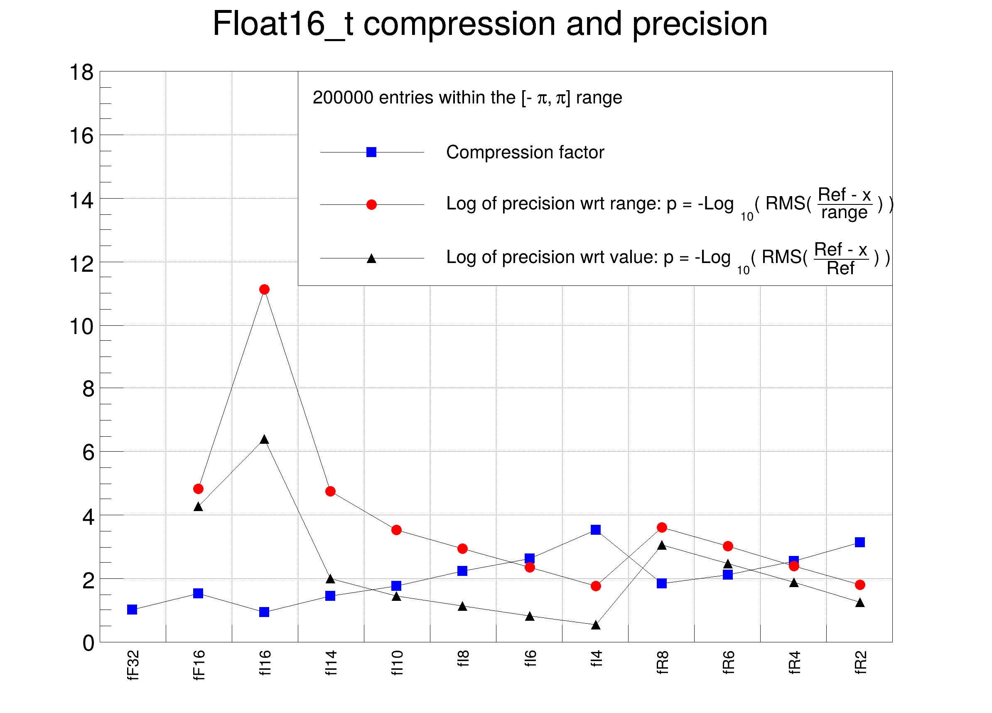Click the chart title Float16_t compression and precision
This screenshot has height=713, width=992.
(490, 24)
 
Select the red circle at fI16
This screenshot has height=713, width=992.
(264, 289)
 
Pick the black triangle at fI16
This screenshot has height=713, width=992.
(264, 440)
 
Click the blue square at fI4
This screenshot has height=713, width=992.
(595, 530)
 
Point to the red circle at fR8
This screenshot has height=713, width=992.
(661, 528)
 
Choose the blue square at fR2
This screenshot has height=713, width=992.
(859, 542)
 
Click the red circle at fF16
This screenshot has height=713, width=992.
(198, 489)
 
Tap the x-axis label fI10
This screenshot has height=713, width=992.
(397, 663)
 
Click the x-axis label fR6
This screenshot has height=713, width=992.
(728, 662)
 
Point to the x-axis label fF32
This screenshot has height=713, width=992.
(133, 665)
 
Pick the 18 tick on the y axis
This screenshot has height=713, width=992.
(82, 72)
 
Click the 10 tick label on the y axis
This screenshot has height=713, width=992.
(82, 327)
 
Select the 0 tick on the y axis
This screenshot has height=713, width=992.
(88, 643)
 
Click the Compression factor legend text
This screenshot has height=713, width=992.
(525, 152)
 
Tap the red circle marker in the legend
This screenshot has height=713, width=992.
(371, 205)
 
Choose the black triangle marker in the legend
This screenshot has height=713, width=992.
(371, 258)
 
